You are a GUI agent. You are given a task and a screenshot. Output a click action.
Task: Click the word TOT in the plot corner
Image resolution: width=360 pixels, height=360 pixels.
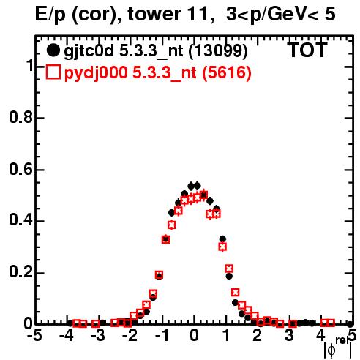[307, 50]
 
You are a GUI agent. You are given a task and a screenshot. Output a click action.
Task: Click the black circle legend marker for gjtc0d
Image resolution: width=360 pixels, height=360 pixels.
[53, 50]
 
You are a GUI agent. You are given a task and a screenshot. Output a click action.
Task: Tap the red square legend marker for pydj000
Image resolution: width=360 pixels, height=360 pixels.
[53, 72]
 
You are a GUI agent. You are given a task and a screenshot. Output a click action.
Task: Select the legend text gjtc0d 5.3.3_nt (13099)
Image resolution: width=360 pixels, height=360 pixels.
[156, 51]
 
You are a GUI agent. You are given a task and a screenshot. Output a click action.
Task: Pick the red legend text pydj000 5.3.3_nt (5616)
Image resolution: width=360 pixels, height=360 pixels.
[157, 72]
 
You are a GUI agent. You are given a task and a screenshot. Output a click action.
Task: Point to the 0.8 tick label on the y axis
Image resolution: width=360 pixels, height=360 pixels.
[20, 117]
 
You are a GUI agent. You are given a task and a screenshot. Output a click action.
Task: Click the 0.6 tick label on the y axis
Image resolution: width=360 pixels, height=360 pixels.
[20, 169]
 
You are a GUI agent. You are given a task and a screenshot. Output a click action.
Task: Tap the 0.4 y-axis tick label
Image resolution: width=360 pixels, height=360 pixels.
[20, 220]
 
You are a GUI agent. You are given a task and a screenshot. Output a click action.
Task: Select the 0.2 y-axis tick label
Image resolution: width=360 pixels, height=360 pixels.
[20, 272]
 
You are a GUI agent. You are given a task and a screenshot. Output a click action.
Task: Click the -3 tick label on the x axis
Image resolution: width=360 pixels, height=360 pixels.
[98, 335]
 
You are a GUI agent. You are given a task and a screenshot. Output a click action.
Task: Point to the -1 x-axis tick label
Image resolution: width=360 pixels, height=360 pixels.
[162, 335]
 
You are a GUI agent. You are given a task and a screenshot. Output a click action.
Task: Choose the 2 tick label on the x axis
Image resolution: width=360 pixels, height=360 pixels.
[258, 335]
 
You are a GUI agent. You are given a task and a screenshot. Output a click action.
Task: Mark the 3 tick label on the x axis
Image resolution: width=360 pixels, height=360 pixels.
[290, 335]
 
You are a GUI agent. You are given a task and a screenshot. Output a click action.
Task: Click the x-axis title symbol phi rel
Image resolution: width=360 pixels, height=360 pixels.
[338, 348]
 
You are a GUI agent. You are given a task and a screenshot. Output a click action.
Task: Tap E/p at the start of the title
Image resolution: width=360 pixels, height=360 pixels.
[50, 15]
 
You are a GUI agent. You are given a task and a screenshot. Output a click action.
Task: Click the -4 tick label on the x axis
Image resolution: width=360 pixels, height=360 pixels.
[66, 335]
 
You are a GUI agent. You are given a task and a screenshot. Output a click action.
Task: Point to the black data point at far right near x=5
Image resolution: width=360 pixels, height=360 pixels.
[350, 324]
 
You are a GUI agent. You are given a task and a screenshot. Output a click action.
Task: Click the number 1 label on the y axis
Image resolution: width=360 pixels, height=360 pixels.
[29, 66]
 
